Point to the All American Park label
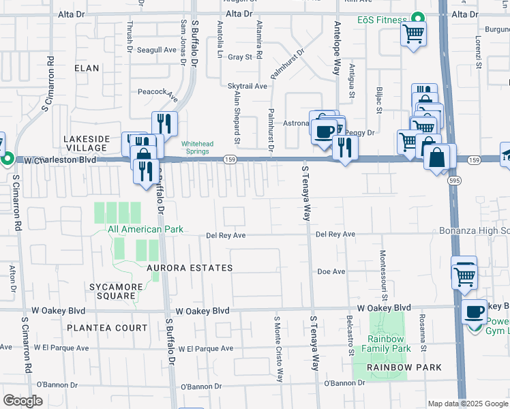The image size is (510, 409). (x=145, y=230)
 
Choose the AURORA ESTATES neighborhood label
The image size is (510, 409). (x=190, y=268)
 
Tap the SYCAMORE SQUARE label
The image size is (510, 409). (x=112, y=291)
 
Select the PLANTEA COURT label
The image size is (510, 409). (x=107, y=328)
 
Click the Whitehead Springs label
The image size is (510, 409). (x=194, y=147)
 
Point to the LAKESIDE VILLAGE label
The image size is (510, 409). (x=85, y=143)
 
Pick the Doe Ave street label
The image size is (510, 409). (x=331, y=271)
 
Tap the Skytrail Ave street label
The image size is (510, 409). (x=247, y=87)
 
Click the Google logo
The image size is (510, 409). (x=22, y=401)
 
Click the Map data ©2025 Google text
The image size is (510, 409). (x=468, y=404)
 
